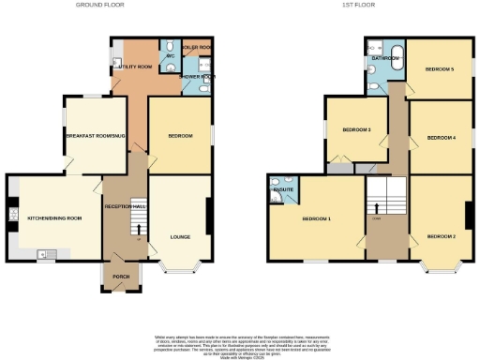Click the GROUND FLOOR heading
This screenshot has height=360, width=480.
[121, 5]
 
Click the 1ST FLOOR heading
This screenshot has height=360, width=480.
[357, 5]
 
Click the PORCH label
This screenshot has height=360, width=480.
[121, 277]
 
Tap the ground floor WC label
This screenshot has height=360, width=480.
[171, 56]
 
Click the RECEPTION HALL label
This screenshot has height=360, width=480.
[125, 205]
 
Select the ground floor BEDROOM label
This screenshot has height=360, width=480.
[179, 137]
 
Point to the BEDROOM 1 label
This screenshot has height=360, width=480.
[315, 219]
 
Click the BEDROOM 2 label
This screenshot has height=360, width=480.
[441, 236]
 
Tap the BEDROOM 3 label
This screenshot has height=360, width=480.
[356, 129]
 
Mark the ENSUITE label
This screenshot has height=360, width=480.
[283, 190]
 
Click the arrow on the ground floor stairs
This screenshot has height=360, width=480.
[140, 226]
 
